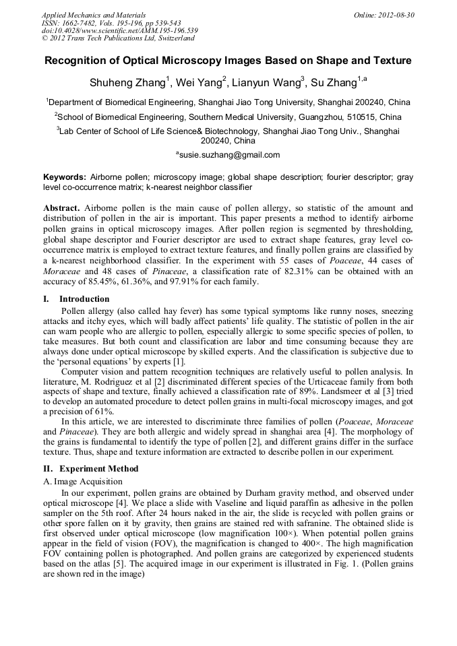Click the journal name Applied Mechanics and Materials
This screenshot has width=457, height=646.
tap(94, 14)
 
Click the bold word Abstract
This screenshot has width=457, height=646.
tap(62, 208)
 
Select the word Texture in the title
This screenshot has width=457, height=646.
tap(389, 61)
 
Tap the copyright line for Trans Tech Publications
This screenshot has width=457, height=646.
tap(119, 38)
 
